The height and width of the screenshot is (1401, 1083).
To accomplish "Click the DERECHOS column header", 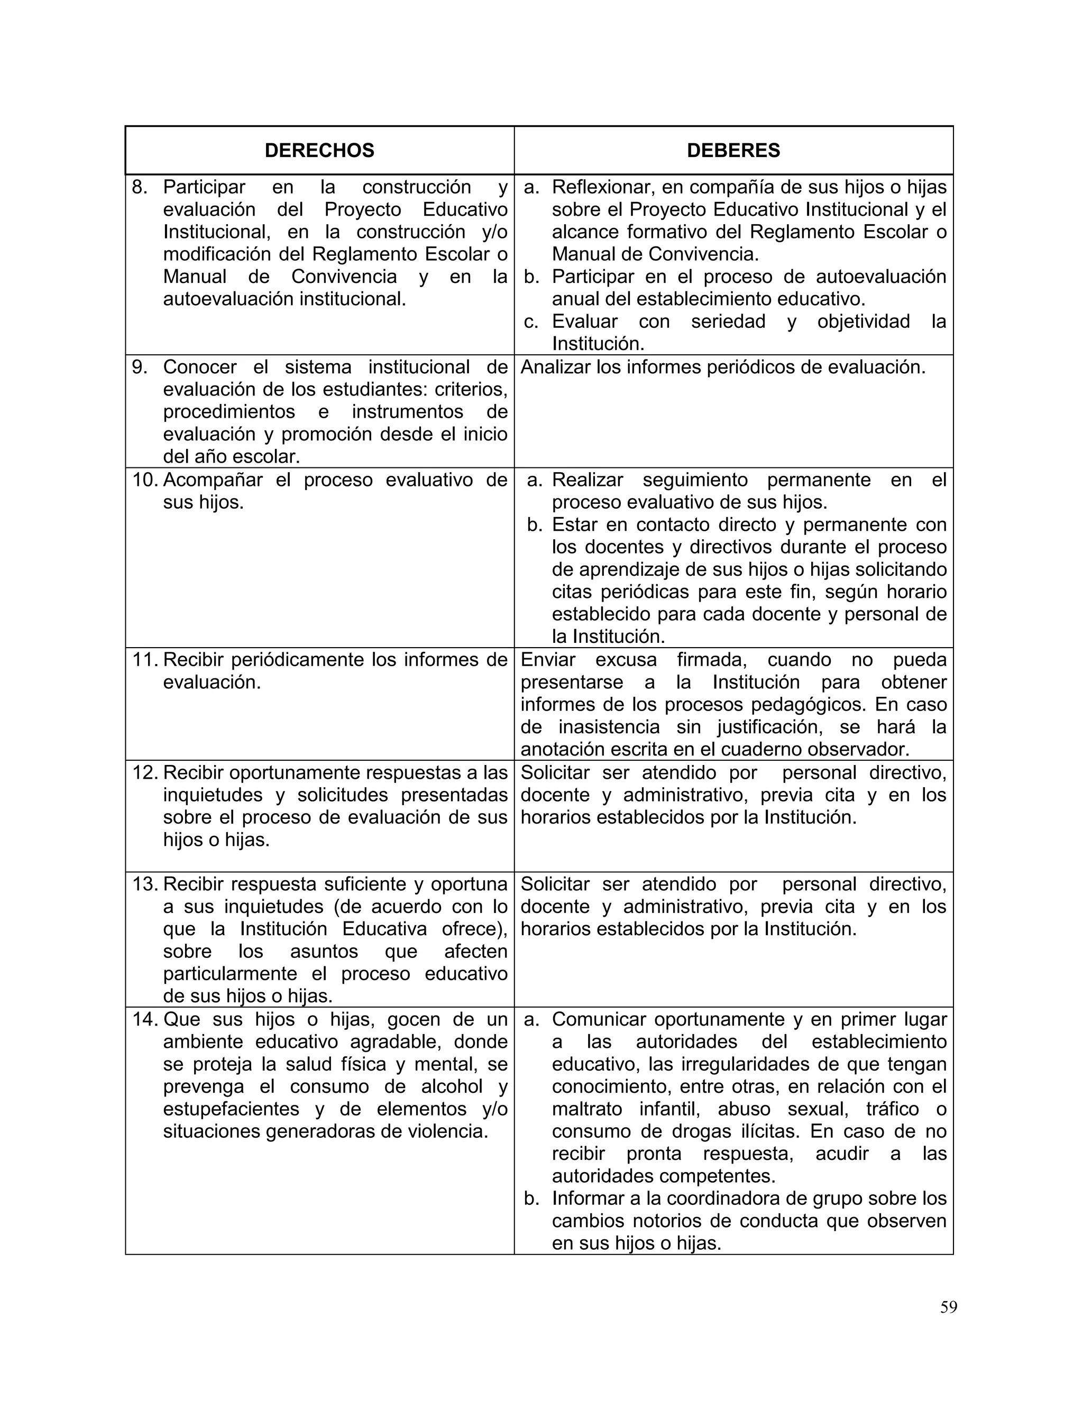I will [x=319, y=150].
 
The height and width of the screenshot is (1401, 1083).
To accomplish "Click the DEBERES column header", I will [x=733, y=150].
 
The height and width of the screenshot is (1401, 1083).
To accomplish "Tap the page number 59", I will [x=948, y=1307].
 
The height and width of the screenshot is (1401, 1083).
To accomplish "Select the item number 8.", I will [x=139, y=187].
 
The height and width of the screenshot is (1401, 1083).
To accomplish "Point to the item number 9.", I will [x=139, y=367].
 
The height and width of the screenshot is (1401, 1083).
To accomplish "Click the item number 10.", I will [x=145, y=480].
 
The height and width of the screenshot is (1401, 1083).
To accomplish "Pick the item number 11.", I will [x=145, y=660].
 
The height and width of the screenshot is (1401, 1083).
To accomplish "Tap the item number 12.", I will [x=145, y=772].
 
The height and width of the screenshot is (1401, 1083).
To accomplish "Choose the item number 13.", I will [x=145, y=884].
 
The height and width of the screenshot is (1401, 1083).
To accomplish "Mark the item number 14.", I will [x=145, y=1019].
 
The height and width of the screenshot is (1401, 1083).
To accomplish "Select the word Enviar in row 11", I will [x=548, y=660].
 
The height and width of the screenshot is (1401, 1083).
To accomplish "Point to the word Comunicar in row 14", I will [x=599, y=1019].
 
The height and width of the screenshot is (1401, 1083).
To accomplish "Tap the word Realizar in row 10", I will [x=587, y=480].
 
